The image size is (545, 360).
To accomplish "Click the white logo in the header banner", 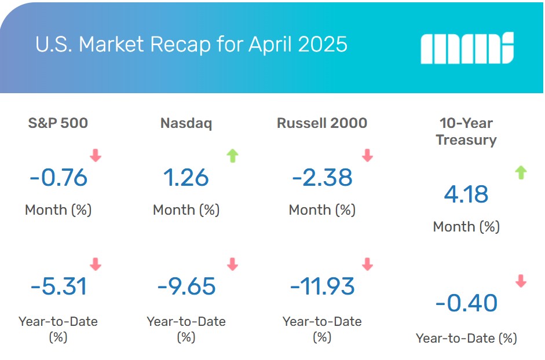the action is [x=467, y=48].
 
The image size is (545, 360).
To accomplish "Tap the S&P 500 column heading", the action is [x=58, y=123].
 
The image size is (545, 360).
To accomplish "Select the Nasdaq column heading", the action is [x=186, y=123].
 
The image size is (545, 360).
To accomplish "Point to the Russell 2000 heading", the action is [x=322, y=123].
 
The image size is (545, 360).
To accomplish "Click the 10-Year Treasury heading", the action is [x=466, y=131].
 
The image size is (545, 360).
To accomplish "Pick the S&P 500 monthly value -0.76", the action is [x=58, y=178].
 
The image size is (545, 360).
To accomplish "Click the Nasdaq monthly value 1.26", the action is [x=186, y=178].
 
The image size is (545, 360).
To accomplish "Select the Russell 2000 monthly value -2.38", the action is [x=322, y=178].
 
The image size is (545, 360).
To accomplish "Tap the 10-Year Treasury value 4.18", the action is [x=466, y=194].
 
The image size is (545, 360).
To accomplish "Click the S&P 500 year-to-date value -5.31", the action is [x=58, y=286].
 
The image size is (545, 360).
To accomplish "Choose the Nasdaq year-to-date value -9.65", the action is [x=186, y=286].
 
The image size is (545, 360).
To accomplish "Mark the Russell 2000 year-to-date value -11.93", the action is [x=322, y=286].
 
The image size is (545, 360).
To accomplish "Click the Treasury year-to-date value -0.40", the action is [x=466, y=303].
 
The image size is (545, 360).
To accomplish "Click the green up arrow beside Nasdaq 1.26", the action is [x=232, y=156].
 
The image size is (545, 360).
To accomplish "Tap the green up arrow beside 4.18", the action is [x=521, y=172].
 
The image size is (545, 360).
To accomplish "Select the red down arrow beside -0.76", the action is [x=96, y=155].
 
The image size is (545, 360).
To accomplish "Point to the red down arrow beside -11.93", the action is [x=367, y=264].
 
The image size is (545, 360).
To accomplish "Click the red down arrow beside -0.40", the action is [x=521, y=281].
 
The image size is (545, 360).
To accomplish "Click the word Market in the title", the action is [x=111, y=45].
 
